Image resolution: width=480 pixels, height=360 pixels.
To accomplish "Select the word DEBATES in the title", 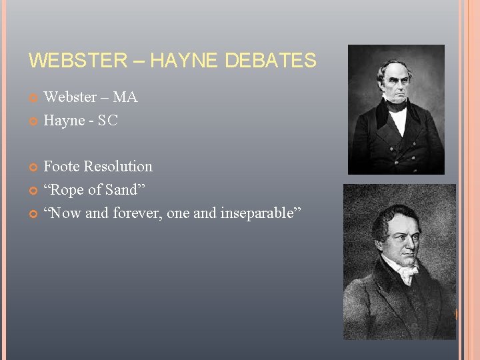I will (x=270, y=61).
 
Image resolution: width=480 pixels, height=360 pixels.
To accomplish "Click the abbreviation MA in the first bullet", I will (x=125, y=97).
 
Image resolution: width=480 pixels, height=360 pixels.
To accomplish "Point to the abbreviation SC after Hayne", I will (x=108, y=121).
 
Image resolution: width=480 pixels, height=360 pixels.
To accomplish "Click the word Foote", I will (x=62, y=167).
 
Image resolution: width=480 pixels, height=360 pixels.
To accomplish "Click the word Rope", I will (x=67, y=190).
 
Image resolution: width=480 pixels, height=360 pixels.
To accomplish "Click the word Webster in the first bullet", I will (x=70, y=97).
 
